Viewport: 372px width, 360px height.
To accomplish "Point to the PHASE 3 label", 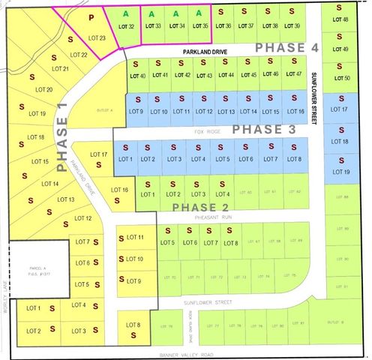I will tap(259, 129).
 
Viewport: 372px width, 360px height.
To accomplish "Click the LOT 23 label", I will tap(97, 37).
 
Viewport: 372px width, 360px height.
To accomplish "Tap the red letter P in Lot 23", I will tap(91, 16).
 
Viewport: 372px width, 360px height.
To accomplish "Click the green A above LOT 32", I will tap(127, 13).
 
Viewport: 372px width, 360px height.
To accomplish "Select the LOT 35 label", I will tap(200, 26).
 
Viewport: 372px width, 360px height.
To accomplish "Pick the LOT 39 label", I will tap(292, 26).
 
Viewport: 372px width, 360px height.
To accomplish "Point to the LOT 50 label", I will tap(340, 78).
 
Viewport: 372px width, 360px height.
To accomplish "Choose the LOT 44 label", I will tap(226, 75).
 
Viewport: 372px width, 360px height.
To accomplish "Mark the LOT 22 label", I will tap(79, 55).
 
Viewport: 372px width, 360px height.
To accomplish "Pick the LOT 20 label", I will tap(44, 90).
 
